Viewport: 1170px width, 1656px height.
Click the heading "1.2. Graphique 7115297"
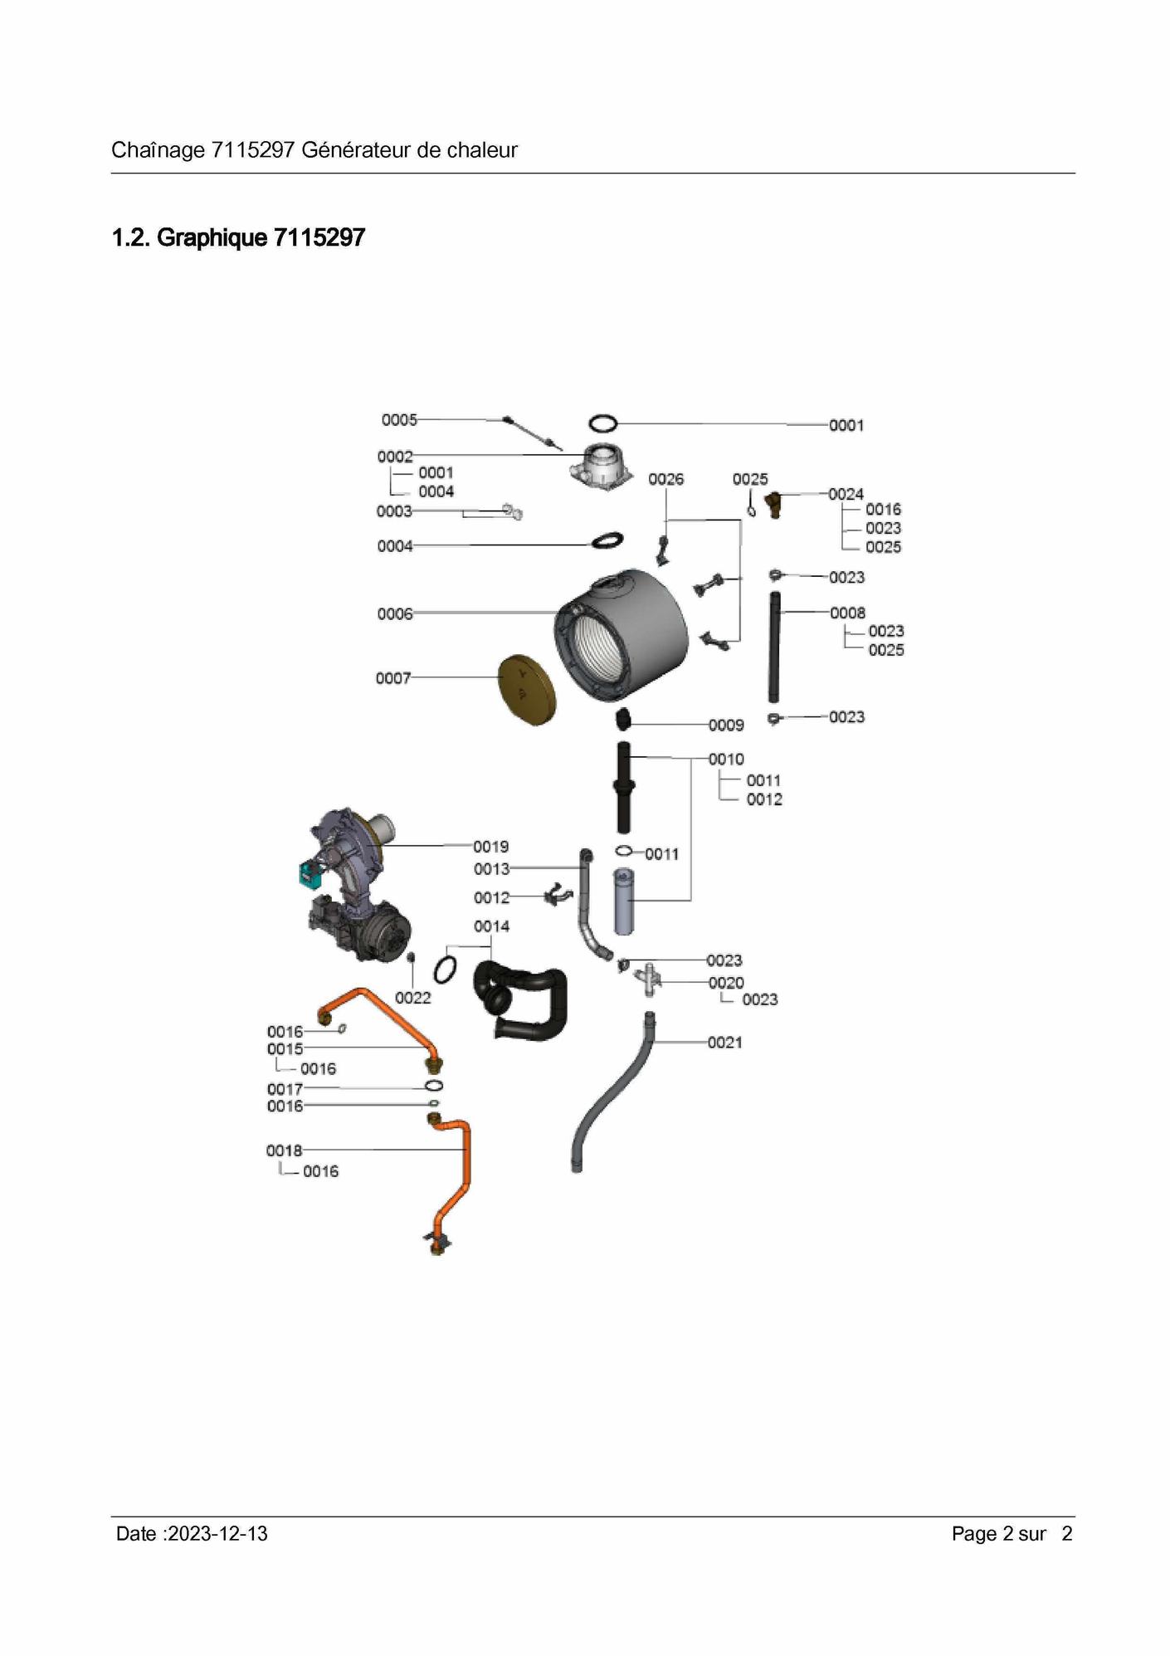click(x=238, y=238)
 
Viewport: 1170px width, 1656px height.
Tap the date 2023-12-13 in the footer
click(x=217, y=1534)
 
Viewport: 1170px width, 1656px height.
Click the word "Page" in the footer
click(x=974, y=1534)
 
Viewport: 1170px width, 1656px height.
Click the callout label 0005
click(x=399, y=420)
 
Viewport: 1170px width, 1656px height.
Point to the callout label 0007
click(x=393, y=678)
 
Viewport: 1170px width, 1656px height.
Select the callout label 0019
click(x=491, y=847)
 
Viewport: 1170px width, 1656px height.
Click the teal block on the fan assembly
click(x=311, y=872)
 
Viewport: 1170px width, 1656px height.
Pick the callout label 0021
click(x=724, y=1043)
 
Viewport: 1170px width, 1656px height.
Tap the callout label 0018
click(x=285, y=1150)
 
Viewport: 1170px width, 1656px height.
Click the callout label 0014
click(x=491, y=926)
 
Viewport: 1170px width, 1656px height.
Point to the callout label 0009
click(x=726, y=725)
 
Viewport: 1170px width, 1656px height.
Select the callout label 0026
click(x=665, y=480)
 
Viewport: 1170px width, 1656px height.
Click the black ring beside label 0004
click(x=608, y=540)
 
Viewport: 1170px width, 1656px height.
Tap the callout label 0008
click(x=847, y=613)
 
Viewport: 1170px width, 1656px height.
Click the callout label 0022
click(x=412, y=998)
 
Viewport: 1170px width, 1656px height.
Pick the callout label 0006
click(x=395, y=614)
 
